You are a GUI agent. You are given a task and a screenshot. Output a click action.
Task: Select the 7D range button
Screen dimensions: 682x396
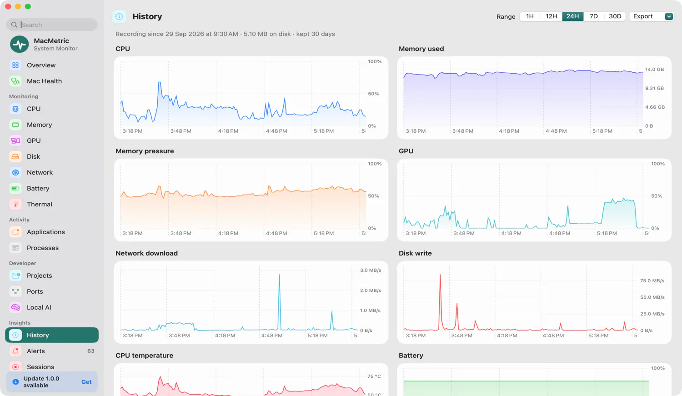click(x=593, y=16)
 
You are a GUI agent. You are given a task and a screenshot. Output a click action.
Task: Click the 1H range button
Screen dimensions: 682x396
click(x=530, y=16)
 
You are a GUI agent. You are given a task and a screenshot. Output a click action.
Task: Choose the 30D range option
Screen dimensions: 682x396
click(x=615, y=16)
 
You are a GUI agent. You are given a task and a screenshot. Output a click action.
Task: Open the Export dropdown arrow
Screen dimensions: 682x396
click(x=669, y=16)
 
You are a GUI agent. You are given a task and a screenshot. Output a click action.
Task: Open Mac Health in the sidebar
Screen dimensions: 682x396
click(x=44, y=81)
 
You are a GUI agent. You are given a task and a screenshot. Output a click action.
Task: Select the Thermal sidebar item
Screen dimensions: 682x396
click(x=39, y=204)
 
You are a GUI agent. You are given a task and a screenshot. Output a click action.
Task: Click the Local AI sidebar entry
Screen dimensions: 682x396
click(x=39, y=307)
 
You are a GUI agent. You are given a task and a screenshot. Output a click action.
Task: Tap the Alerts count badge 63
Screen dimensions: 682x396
click(x=91, y=351)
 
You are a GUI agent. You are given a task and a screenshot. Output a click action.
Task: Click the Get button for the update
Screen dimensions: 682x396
click(x=86, y=382)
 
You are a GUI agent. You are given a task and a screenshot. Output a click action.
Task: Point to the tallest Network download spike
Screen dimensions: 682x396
click(x=280, y=275)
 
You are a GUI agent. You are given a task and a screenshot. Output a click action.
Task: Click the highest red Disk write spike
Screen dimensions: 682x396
click(x=440, y=275)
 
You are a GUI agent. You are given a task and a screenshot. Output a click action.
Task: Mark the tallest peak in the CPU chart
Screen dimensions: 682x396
click(x=159, y=82)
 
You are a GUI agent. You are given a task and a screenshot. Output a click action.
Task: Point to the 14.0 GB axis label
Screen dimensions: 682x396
click(x=654, y=70)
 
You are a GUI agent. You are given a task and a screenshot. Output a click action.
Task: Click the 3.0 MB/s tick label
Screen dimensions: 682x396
click(x=371, y=271)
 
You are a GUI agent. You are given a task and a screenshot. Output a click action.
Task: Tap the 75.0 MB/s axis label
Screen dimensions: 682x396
click(x=652, y=281)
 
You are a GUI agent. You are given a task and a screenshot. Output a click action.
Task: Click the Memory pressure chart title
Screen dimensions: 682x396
click(x=145, y=151)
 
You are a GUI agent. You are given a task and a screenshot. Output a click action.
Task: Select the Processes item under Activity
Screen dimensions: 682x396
click(x=43, y=248)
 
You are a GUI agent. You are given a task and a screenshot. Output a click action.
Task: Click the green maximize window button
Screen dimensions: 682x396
click(x=28, y=6)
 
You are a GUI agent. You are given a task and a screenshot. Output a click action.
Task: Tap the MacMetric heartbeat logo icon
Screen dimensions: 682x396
click(x=19, y=44)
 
